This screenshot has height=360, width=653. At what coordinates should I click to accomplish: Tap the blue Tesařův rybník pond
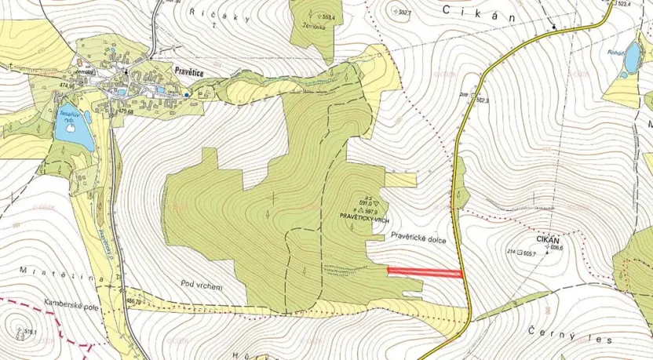tap(73, 129)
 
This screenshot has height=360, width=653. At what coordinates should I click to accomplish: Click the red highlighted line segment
tap(425, 272)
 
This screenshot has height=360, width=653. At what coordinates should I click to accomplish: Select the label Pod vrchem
tap(202, 286)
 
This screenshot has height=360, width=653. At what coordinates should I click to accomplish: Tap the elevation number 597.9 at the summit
tap(370, 212)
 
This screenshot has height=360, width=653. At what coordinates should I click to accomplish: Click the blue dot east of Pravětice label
tap(187, 94)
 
